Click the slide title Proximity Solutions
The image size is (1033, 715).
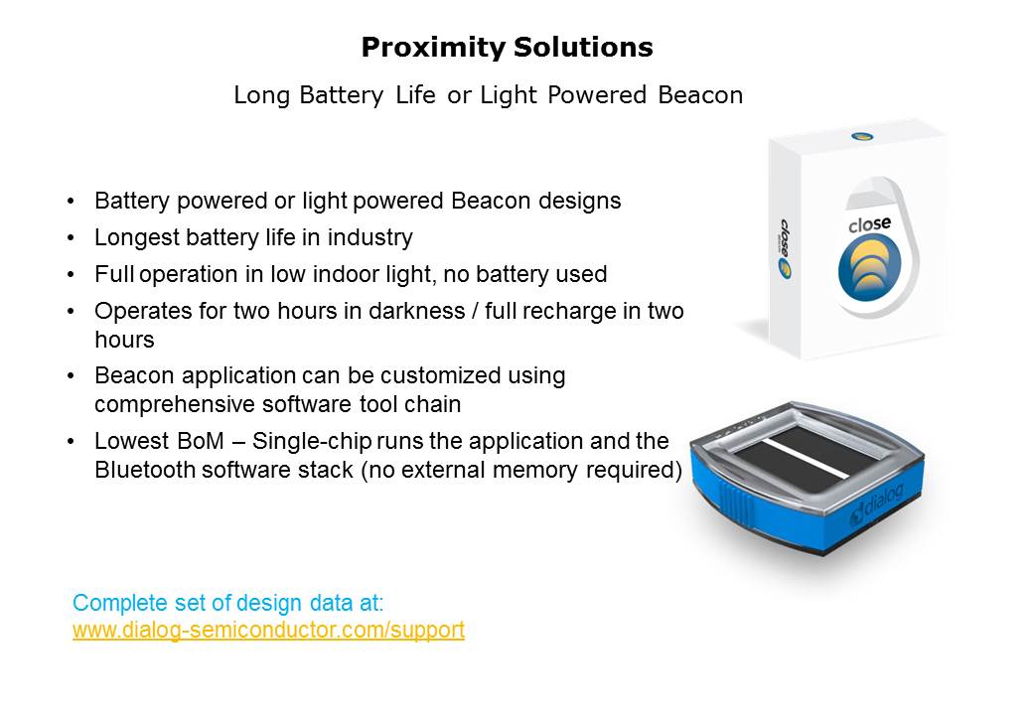coord(507,48)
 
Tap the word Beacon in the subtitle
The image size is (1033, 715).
coord(700,95)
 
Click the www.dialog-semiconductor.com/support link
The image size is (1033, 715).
coord(269,630)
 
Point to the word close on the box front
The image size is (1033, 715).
coord(870,224)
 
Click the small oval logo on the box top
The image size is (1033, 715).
coord(862,136)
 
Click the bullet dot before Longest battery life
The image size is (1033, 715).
coord(72,238)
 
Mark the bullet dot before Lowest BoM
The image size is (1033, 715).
coord(72,442)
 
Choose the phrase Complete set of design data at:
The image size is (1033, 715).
coord(227,603)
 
